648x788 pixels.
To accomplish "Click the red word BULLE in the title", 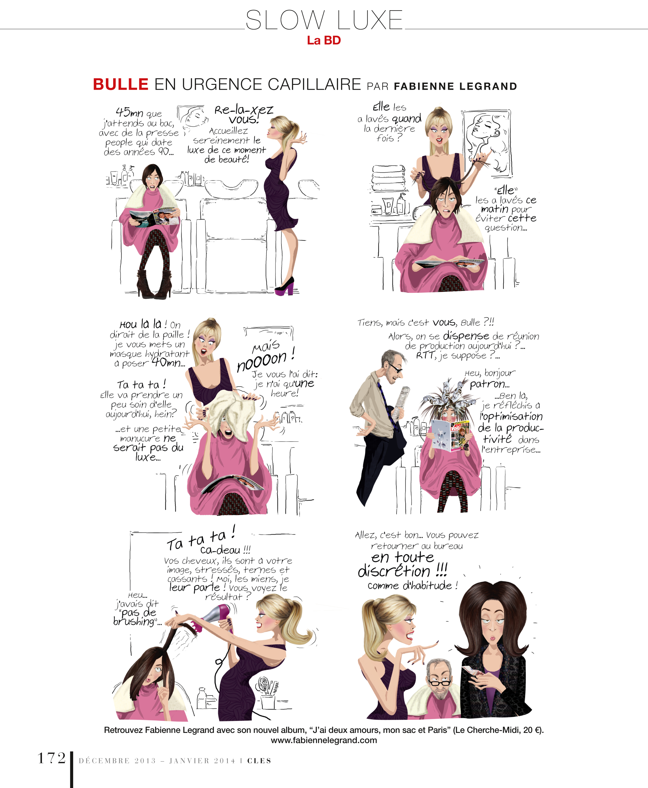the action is pos(120,84).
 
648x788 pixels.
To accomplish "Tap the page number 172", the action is pos(51,758).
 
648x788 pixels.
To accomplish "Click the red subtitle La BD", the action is pos(324,40).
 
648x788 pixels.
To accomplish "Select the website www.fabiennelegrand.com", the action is pos(324,740).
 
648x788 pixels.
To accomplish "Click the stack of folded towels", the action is pos(389,178).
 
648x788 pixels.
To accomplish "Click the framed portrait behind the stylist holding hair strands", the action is pos(487,142).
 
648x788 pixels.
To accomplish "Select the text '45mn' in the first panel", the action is pos(129,112).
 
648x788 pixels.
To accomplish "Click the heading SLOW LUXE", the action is pos(324,20).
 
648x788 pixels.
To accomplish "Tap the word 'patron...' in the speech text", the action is pos(489,384).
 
